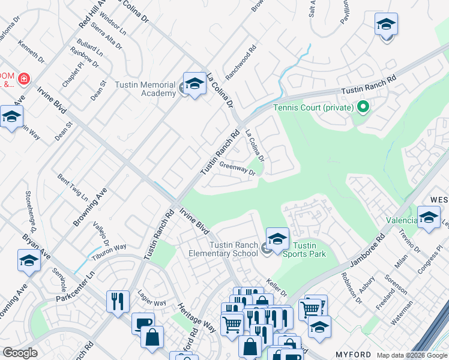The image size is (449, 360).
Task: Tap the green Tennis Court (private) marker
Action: point(363,108)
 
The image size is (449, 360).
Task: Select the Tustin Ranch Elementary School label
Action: point(234,249)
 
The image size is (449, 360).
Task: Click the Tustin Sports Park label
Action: point(309,250)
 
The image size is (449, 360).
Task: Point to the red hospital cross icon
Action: point(23,79)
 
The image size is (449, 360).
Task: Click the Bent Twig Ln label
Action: point(72,188)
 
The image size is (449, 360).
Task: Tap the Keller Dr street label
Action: point(276,286)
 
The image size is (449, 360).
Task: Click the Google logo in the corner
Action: point(20,353)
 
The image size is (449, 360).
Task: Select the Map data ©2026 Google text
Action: point(411,355)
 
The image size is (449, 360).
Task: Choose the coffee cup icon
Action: point(143,323)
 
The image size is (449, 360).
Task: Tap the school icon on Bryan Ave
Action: point(29,261)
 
